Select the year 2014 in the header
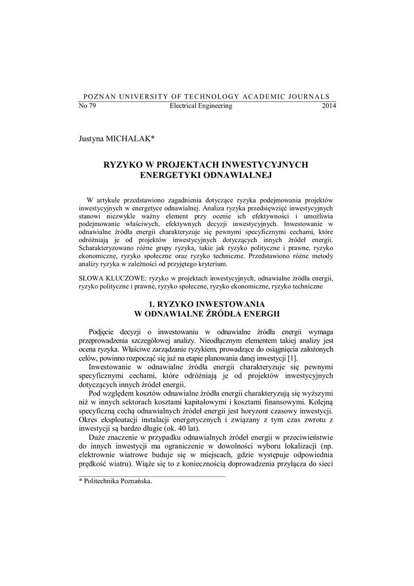point(329,106)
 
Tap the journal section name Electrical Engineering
point(201,106)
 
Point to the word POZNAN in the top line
point(99,96)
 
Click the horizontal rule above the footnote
point(152,475)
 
